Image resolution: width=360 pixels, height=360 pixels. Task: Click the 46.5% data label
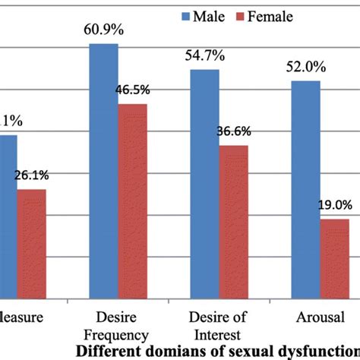pos(132,90)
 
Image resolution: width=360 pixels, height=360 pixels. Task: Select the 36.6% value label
pos(233,131)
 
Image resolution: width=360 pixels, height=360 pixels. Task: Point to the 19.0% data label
pos(335,205)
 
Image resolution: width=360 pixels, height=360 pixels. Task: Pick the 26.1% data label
pos(31,175)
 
